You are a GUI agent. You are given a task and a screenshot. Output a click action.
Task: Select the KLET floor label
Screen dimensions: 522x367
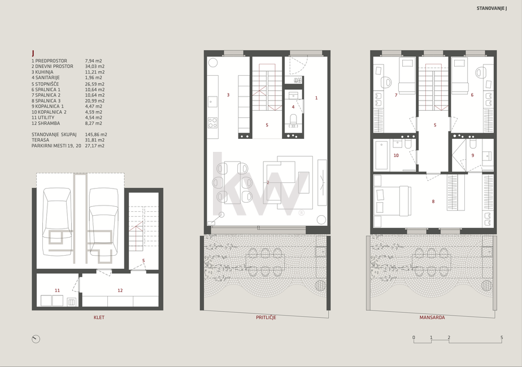99,317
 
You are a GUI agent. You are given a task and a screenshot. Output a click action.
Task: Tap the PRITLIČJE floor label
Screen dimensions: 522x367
266,317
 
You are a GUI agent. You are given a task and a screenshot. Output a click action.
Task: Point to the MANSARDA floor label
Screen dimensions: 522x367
432,317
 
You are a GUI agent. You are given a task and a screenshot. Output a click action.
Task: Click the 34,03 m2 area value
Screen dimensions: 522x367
93,66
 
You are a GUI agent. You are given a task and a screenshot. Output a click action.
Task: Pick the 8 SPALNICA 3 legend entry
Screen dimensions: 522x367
46,101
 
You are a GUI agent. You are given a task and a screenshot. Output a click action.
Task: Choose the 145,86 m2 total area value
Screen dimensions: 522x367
96,135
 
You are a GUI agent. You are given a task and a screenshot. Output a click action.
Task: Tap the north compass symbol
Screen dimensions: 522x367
36,339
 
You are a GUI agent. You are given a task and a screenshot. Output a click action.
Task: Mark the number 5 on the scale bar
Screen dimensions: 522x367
502,338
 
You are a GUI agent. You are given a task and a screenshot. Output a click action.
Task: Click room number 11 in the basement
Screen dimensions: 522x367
57,290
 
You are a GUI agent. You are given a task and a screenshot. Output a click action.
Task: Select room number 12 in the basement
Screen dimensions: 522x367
120,290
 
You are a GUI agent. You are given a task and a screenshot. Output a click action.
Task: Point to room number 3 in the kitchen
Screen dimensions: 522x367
228,95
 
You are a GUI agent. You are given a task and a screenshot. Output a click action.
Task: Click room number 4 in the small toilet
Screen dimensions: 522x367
293,107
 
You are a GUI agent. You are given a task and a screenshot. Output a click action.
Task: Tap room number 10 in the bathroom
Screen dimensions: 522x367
396,155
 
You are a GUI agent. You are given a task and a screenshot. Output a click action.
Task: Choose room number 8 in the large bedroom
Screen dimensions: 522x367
433,202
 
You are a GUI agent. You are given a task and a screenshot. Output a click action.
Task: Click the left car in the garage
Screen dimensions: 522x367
57,222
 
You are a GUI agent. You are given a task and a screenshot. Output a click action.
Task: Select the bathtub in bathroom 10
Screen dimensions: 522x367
381,155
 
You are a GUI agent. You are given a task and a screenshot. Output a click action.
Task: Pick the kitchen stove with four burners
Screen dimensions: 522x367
213,123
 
